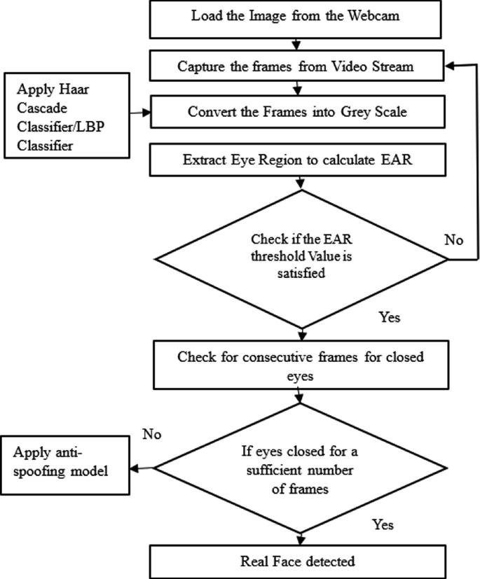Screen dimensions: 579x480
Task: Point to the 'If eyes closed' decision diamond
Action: point(301,468)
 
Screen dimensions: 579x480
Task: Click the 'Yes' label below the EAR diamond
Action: point(389,317)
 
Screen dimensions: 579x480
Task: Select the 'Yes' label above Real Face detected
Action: point(382,524)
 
